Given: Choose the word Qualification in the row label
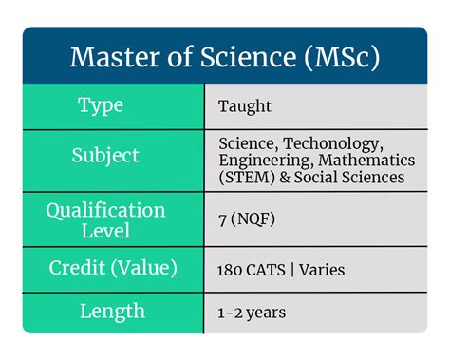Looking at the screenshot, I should pyautogui.click(x=105, y=210).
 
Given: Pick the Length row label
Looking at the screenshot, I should pyautogui.click(x=112, y=311).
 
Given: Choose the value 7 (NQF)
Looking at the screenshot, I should pyautogui.click(x=248, y=219).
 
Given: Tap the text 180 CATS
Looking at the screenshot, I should pyautogui.click(x=253, y=270).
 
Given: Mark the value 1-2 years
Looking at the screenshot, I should pyautogui.click(x=252, y=312).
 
